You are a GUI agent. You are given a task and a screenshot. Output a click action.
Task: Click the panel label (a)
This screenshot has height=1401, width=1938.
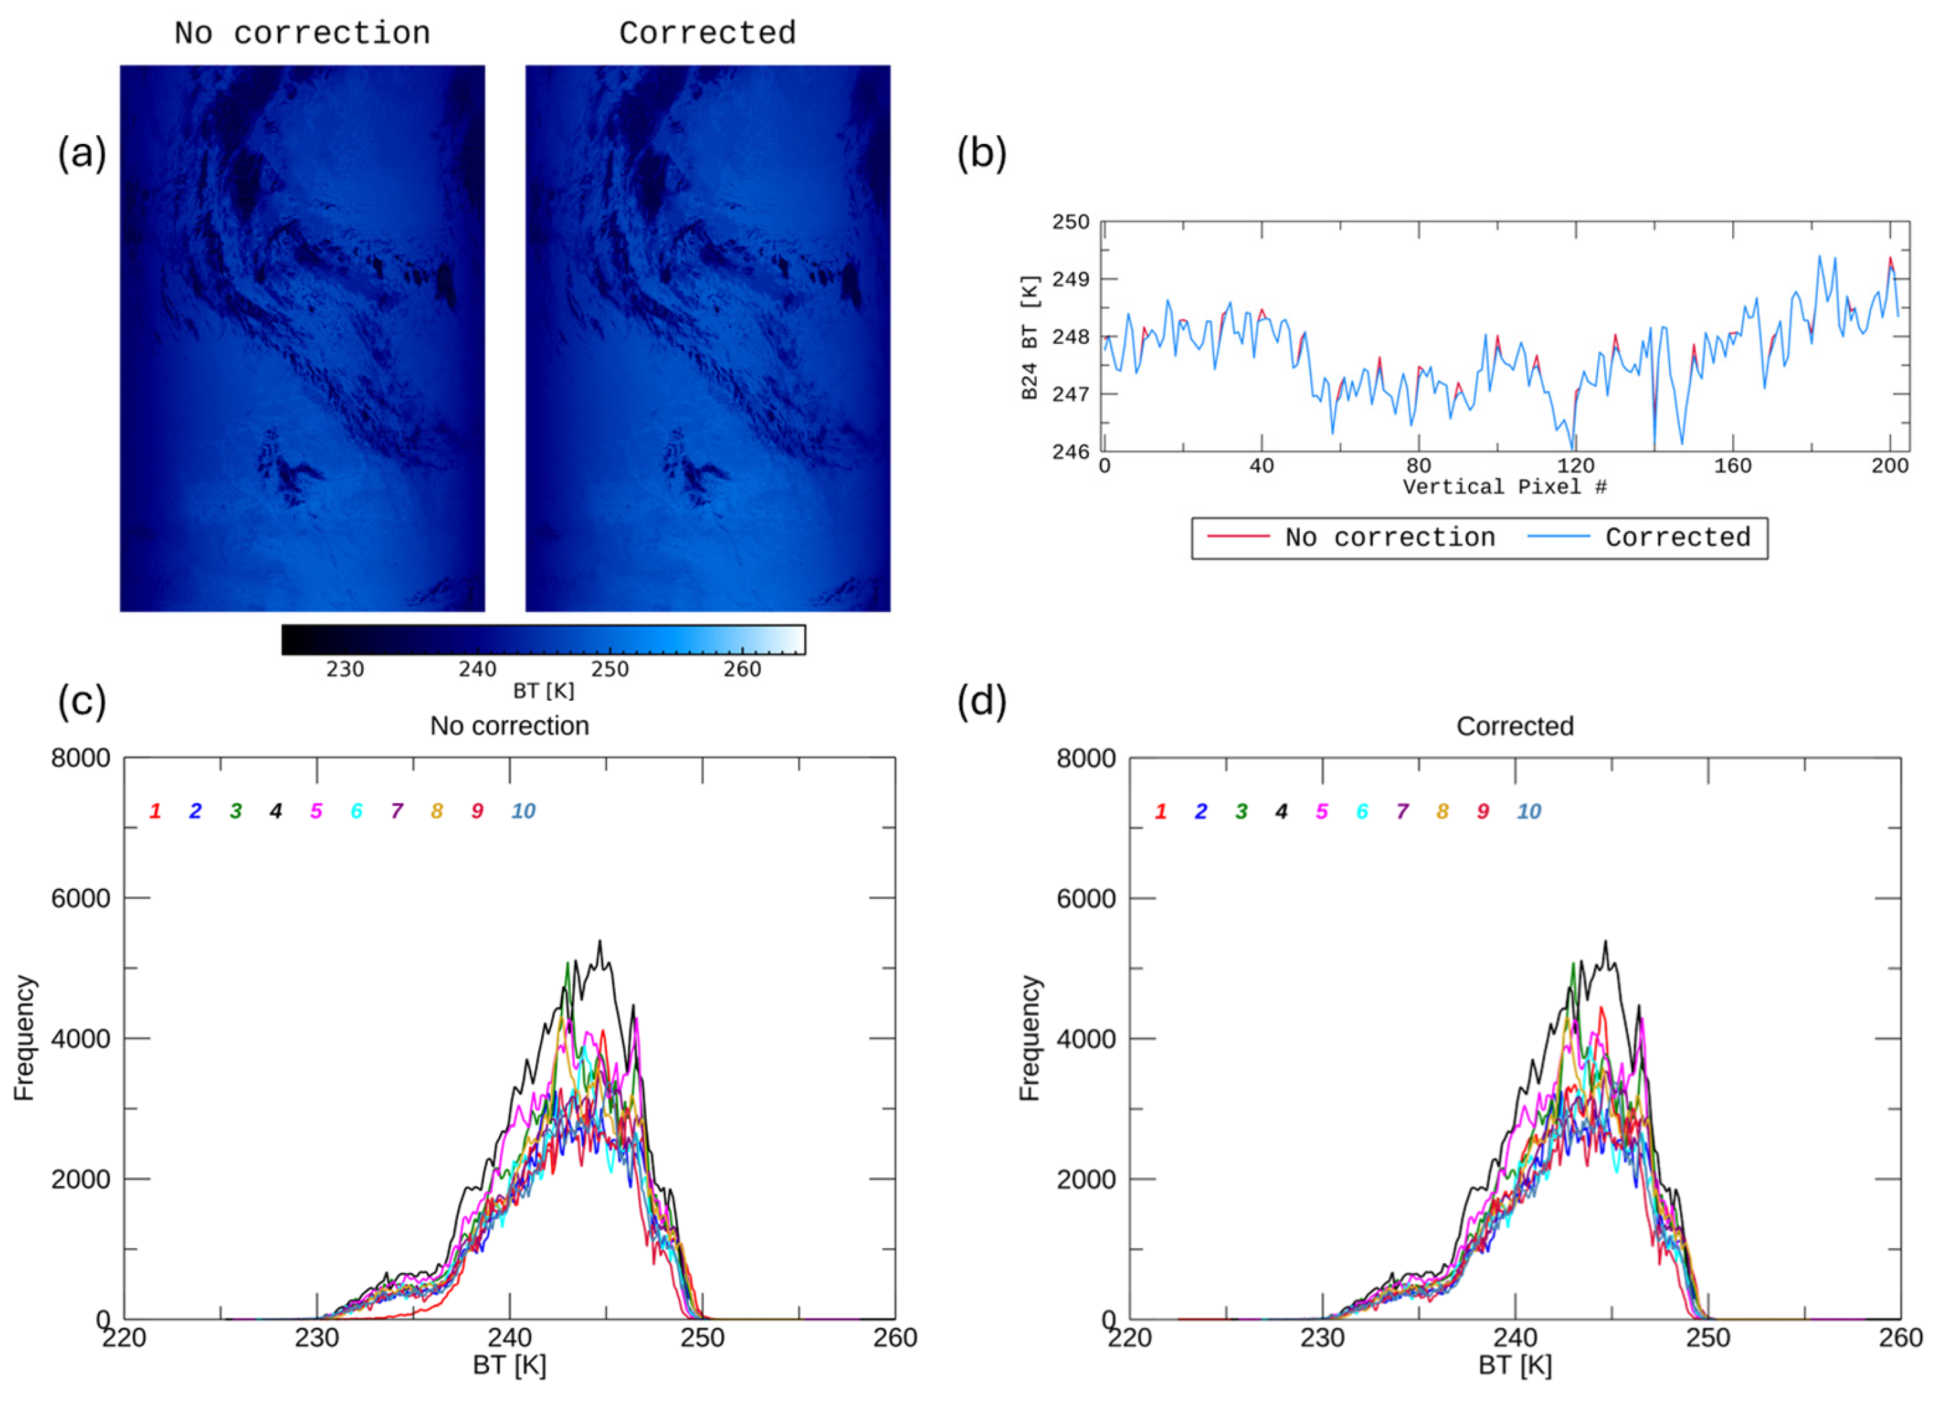point(82,154)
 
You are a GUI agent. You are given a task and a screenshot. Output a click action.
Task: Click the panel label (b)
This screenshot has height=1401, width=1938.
point(982,154)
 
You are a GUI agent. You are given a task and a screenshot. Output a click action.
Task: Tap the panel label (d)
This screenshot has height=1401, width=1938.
point(982,701)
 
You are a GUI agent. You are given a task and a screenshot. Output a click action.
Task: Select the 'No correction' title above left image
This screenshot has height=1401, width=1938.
point(302,34)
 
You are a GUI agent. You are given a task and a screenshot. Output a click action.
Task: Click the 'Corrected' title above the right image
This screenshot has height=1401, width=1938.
point(707,34)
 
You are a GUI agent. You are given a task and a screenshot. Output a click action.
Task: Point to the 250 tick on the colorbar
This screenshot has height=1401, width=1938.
point(609,669)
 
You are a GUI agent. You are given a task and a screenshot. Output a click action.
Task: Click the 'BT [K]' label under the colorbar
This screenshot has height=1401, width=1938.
point(544,691)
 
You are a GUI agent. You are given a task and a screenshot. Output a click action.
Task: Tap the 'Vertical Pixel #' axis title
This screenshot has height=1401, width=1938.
point(1504,487)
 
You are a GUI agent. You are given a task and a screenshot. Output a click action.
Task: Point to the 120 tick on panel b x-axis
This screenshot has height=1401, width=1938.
point(1576,466)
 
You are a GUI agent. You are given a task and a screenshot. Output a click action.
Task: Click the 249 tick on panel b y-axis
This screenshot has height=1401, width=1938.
point(1071,280)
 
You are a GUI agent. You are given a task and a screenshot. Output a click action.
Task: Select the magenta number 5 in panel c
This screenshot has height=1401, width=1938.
point(316,811)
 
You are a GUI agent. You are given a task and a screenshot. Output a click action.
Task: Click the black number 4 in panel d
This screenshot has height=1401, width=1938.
point(1281,811)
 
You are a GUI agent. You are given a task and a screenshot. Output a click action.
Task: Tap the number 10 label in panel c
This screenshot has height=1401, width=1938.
point(523,811)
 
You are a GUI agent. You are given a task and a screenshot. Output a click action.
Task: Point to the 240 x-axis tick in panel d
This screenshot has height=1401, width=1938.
point(1514,1338)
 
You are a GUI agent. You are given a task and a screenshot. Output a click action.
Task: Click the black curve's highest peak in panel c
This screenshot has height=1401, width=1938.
point(600,941)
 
